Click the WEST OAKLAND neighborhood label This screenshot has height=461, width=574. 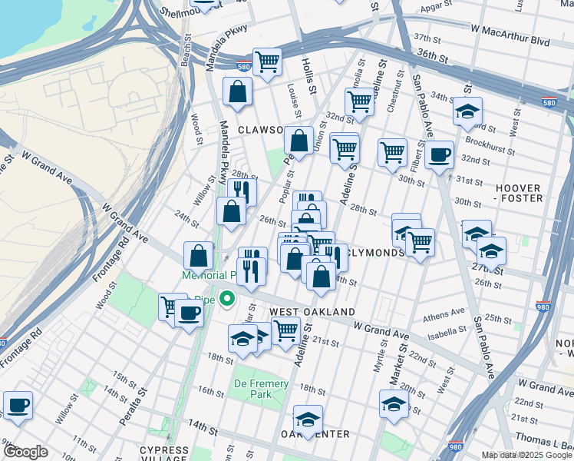pos(312,312)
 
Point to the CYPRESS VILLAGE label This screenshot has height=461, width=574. pos(164,455)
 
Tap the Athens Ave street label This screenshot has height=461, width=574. pos(444,313)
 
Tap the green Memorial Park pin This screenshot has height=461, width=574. pos(226,298)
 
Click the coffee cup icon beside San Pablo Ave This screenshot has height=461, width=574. pos(439,155)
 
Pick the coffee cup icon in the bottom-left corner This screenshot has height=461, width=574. pos(18,405)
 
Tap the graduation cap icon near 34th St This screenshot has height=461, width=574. pos(467,112)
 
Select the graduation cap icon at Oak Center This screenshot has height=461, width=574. pos(308,420)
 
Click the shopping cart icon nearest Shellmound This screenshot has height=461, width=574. pos(266,61)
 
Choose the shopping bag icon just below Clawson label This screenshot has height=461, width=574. pos(298,141)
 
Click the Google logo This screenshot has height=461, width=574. pos(25,452)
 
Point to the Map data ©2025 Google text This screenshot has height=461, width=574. pos(526,455)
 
